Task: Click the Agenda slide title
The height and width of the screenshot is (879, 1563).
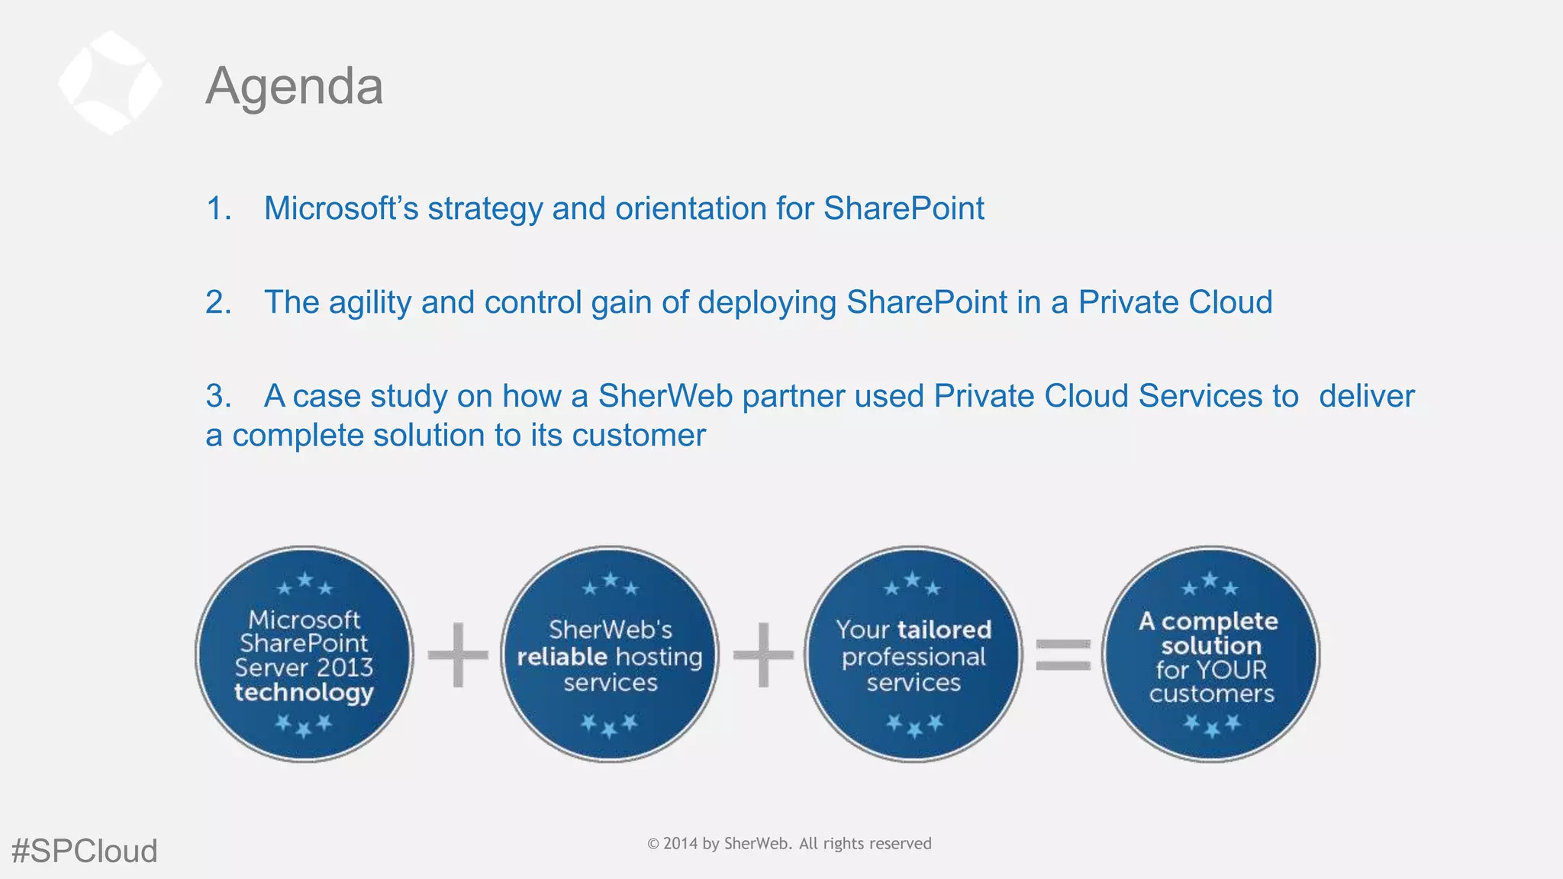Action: (295, 86)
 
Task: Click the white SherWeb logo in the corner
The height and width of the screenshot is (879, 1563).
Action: (110, 82)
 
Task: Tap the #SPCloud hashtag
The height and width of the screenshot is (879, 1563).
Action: (85, 851)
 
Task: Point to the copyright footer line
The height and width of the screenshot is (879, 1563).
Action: (789, 843)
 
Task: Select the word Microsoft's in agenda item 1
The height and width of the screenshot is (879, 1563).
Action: (341, 208)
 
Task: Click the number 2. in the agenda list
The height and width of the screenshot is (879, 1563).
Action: (218, 302)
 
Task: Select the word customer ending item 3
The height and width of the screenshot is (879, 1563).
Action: (639, 436)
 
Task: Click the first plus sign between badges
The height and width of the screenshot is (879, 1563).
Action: (457, 655)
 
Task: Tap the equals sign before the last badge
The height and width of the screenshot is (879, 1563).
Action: (1062, 655)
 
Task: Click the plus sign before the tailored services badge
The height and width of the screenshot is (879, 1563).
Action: (762, 655)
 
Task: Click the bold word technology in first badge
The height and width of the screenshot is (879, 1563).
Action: (304, 692)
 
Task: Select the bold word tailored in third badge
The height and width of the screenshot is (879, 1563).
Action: (945, 629)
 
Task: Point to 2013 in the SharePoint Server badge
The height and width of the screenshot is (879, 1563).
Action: (345, 668)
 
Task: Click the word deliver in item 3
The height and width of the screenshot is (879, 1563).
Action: (1366, 396)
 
